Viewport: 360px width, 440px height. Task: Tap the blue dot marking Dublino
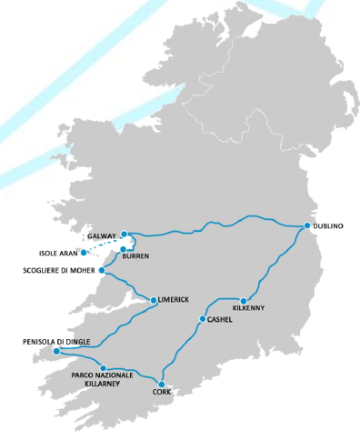(x=307, y=225)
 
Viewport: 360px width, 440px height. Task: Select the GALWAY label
(x=101, y=235)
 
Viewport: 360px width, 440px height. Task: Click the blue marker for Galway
(x=124, y=234)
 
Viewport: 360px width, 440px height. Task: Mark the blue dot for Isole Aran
(x=84, y=252)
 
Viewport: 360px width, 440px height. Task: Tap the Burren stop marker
(x=123, y=249)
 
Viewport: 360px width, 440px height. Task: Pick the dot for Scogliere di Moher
(x=102, y=270)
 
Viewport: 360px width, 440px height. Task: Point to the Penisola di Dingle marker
(x=56, y=351)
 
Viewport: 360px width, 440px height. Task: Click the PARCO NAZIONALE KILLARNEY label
(x=102, y=380)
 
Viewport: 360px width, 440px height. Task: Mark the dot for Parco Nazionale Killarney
(x=115, y=367)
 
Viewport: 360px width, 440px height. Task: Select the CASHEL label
(x=221, y=320)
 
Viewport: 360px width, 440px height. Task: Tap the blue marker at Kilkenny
(x=245, y=299)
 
